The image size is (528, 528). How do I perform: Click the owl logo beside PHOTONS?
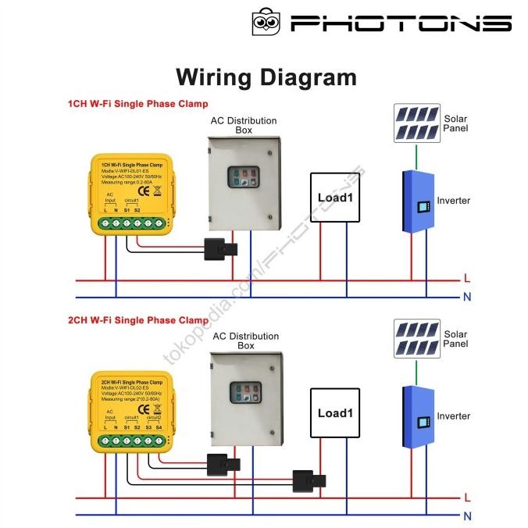click(x=266, y=22)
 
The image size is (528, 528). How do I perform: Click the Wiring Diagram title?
click(x=266, y=77)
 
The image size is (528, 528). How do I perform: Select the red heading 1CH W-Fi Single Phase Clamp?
click(x=137, y=104)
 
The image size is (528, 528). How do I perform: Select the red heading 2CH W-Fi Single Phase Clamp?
click(x=137, y=320)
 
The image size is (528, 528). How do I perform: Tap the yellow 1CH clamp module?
click(x=130, y=194)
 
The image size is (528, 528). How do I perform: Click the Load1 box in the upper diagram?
click(x=336, y=198)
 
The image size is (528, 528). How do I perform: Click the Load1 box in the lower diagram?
click(x=336, y=413)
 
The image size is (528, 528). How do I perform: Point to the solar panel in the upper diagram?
click(x=416, y=124)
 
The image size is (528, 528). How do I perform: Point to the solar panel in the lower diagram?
click(x=416, y=339)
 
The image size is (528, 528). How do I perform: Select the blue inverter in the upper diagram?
click(x=417, y=203)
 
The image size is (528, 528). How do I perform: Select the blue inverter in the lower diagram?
click(x=417, y=419)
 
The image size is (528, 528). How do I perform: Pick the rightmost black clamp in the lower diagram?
click(x=302, y=480)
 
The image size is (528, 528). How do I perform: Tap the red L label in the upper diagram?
click(x=467, y=278)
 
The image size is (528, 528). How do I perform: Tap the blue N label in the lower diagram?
click(x=467, y=516)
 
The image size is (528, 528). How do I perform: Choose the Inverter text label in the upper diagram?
click(x=454, y=201)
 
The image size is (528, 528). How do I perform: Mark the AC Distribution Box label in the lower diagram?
click(x=245, y=341)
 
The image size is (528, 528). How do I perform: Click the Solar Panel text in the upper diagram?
click(x=455, y=123)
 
